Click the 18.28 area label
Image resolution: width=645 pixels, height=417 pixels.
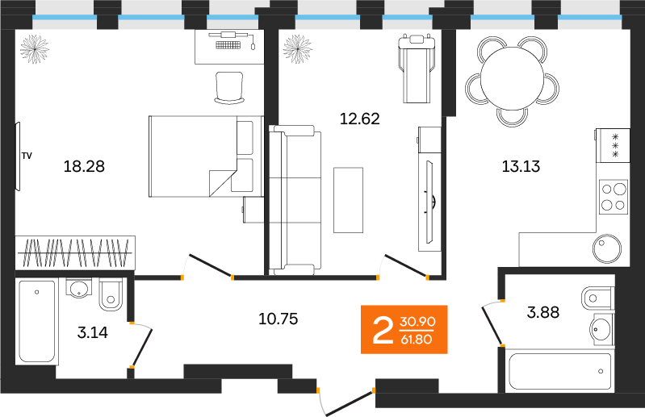click(84, 167)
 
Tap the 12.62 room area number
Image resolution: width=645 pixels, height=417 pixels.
click(359, 119)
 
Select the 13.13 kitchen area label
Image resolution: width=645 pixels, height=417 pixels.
click(520, 167)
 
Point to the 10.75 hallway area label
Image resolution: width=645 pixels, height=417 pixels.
click(278, 318)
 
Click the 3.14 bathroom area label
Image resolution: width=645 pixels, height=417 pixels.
click(92, 330)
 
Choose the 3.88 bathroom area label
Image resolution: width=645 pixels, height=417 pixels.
click(542, 312)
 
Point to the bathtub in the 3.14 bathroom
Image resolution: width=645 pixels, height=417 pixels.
click(37, 321)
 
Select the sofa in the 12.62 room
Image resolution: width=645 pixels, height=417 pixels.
click(294, 198)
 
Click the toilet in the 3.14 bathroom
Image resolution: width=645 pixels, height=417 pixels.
click(111, 296)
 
